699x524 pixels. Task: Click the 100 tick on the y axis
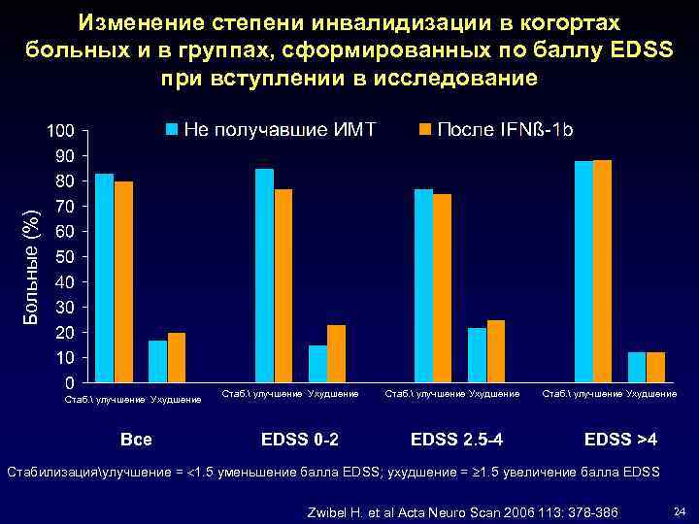[x=59, y=131]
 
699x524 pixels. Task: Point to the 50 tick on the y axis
[x=63, y=257]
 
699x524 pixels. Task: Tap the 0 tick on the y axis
[x=71, y=383]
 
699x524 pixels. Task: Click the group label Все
[x=136, y=440]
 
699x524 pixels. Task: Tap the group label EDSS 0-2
[x=300, y=440]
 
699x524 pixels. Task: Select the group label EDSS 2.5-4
[x=456, y=440]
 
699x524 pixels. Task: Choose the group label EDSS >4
[x=620, y=440]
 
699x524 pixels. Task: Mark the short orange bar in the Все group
[x=177, y=358]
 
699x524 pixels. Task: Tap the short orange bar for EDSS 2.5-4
[x=496, y=351]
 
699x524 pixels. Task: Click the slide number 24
[x=680, y=511]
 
